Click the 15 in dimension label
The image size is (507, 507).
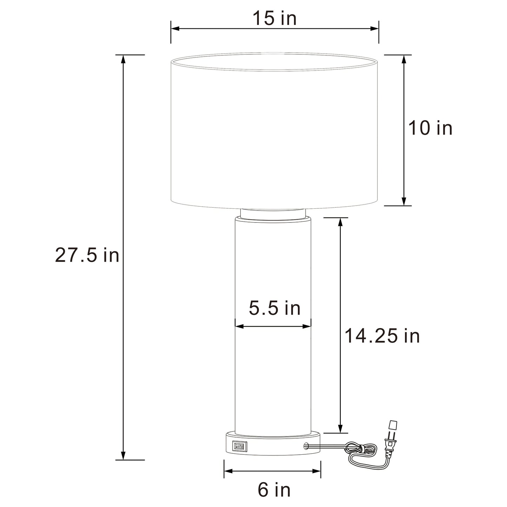(275, 18)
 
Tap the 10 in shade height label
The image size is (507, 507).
(430, 128)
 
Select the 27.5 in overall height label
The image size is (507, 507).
(87, 255)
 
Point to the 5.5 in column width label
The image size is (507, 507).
(275, 308)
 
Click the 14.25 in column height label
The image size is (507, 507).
(382, 336)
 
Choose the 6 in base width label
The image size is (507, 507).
(274, 490)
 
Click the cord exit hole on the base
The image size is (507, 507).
(306, 446)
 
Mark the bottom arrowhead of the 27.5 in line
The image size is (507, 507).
(123, 455)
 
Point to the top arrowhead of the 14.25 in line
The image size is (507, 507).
(340, 221)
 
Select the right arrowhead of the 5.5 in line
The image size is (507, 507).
(308, 326)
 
